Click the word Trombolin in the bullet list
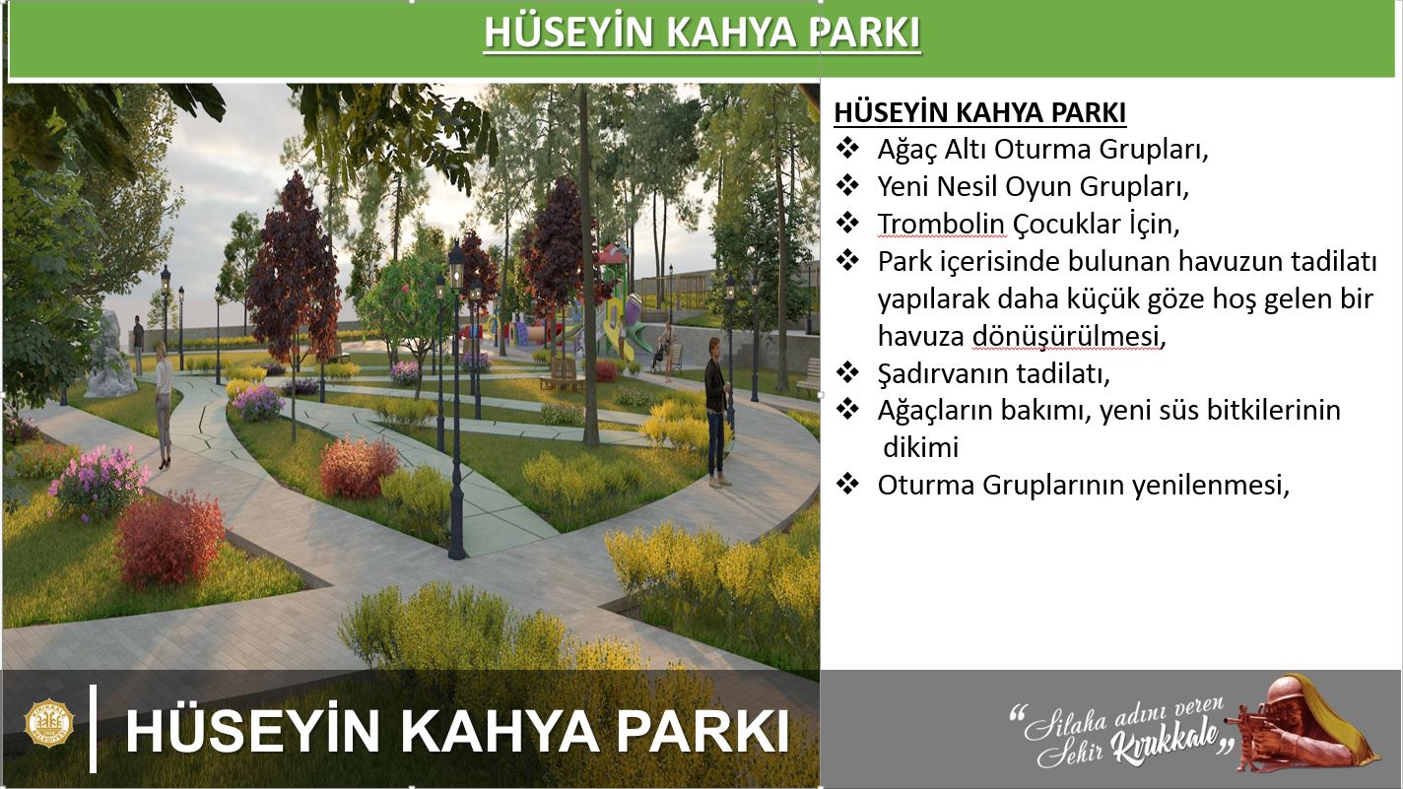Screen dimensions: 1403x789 (x=941, y=225)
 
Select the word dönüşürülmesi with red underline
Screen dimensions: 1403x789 (x=1065, y=337)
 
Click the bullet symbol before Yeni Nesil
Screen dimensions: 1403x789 (x=847, y=185)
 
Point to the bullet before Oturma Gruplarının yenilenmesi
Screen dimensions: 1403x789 (x=847, y=484)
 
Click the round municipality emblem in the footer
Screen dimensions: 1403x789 (x=49, y=724)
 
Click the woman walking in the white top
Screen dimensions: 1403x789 (x=163, y=405)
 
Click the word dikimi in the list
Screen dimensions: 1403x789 (x=920, y=448)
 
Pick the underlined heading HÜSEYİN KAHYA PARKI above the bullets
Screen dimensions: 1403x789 (x=980, y=112)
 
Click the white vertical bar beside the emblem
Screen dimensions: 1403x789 (x=94, y=728)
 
